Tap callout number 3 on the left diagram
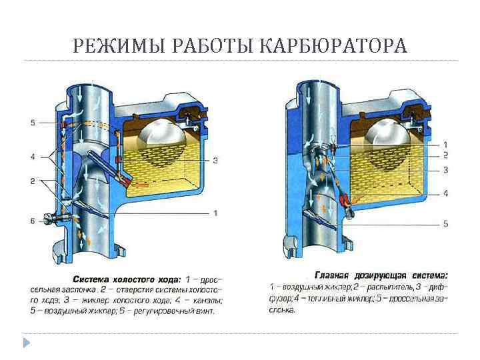[x=215, y=160]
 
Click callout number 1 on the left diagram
[x=215, y=213]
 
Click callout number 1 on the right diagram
[x=445, y=144]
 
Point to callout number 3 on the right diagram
[x=445, y=170]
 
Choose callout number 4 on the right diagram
[x=445, y=193]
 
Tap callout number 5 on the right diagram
[x=445, y=223]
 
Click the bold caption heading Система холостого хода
[x=125, y=279]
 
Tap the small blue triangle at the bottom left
[x=27, y=343]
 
